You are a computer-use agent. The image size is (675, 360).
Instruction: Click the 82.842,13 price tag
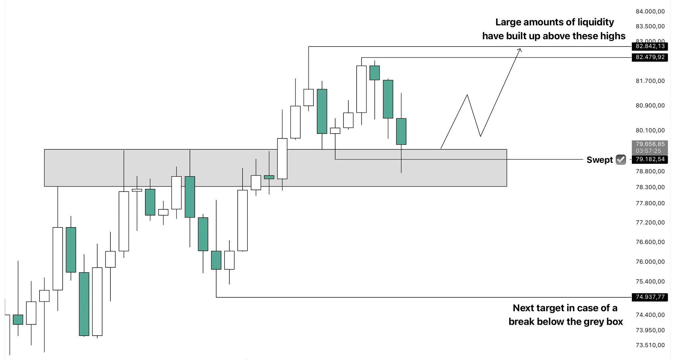coord(650,46)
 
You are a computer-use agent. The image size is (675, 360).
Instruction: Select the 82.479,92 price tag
coord(650,57)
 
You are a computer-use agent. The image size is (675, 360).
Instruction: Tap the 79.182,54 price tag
coord(650,160)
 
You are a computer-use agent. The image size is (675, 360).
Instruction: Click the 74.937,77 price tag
coord(650,297)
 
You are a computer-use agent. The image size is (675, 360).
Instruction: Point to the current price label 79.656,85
coord(650,144)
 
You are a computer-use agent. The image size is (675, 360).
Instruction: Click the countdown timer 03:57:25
coord(648,151)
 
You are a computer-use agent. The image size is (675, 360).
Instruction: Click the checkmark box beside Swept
coord(621,160)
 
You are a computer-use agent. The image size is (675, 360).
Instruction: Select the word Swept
coord(600,160)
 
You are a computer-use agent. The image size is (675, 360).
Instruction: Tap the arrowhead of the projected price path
coord(519,50)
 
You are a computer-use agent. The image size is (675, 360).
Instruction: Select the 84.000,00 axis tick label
coord(650,12)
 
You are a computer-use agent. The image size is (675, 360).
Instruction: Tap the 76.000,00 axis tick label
coord(650,262)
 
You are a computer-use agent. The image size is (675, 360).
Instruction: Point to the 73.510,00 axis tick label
coord(650,345)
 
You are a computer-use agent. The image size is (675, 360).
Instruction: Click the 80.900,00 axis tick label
coord(650,105)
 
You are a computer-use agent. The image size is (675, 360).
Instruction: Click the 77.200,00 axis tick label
coord(650,223)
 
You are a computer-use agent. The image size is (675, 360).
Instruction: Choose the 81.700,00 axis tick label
coord(650,81)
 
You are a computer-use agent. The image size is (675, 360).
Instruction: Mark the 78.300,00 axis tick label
coord(650,187)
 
